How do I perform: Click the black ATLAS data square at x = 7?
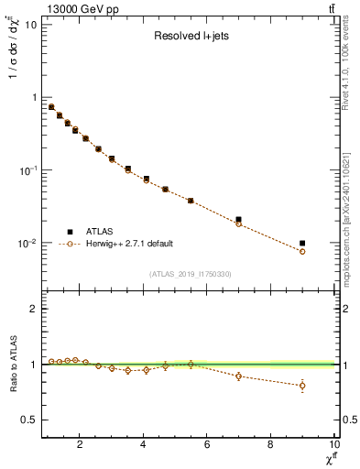click(238, 220)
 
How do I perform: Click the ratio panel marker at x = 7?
click(238, 376)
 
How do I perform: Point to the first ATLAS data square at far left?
click(51, 107)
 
